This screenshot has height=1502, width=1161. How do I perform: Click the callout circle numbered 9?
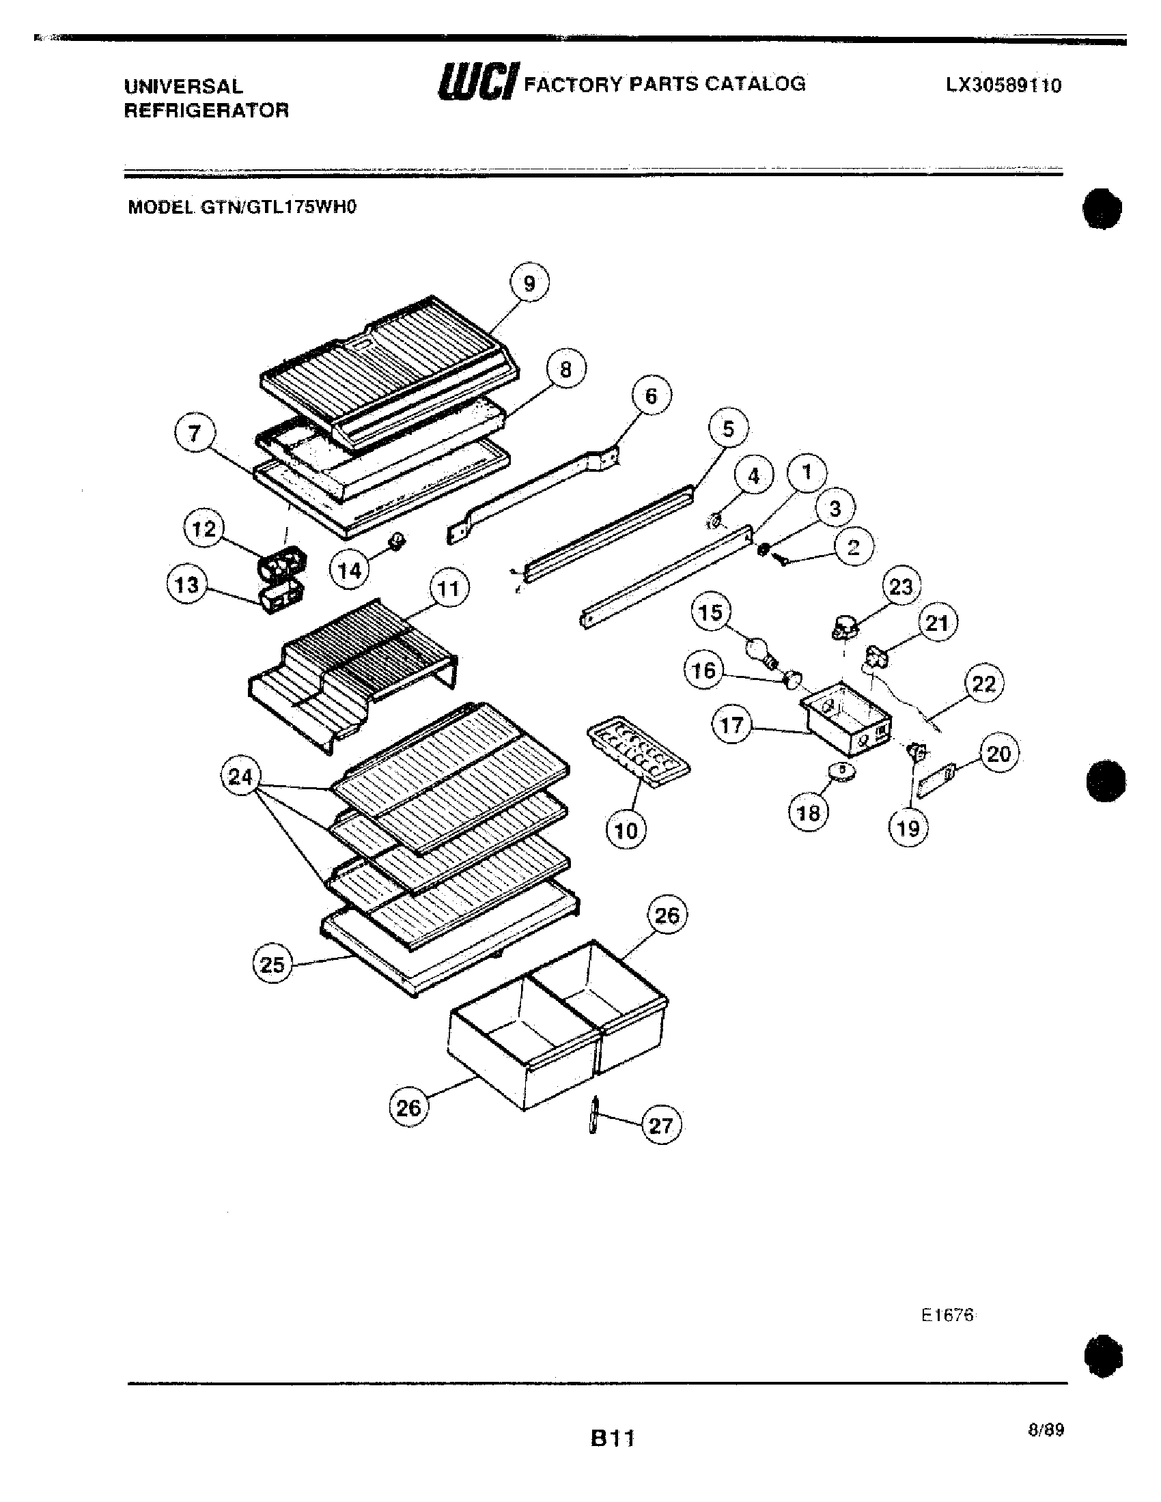click(529, 283)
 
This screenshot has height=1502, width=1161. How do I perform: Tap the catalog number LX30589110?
click(1003, 85)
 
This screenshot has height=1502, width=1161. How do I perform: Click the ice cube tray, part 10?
click(639, 751)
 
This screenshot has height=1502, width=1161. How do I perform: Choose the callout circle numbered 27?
click(660, 1125)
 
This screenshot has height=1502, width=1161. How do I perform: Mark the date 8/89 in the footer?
click(1046, 1430)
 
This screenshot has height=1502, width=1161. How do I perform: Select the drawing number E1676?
click(947, 1315)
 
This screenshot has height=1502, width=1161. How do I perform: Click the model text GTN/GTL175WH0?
click(279, 207)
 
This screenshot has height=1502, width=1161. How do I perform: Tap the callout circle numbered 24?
click(240, 777)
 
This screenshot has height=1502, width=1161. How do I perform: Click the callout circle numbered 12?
click(204, 529)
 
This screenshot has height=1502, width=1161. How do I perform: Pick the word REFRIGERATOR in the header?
click(206, 110)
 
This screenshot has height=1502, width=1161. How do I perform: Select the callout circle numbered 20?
click(998, 754)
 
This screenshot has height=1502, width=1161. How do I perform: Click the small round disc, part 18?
click(843, 771)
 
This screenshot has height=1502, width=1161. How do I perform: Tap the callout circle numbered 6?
click(651, 395)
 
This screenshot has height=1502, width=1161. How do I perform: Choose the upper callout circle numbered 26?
click(667, 916)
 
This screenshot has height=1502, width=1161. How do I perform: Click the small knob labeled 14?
click(397, 541)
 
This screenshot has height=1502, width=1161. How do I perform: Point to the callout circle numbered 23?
click(900, 586)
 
